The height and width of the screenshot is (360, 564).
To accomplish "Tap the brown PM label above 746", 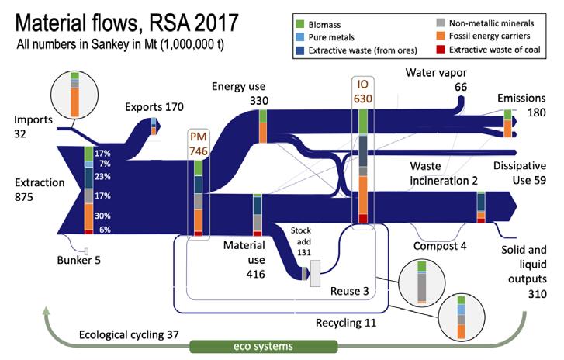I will point(199,137).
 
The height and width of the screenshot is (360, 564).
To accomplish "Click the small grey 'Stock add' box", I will point(315,274).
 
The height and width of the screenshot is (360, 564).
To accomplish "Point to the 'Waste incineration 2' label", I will point(445,172).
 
